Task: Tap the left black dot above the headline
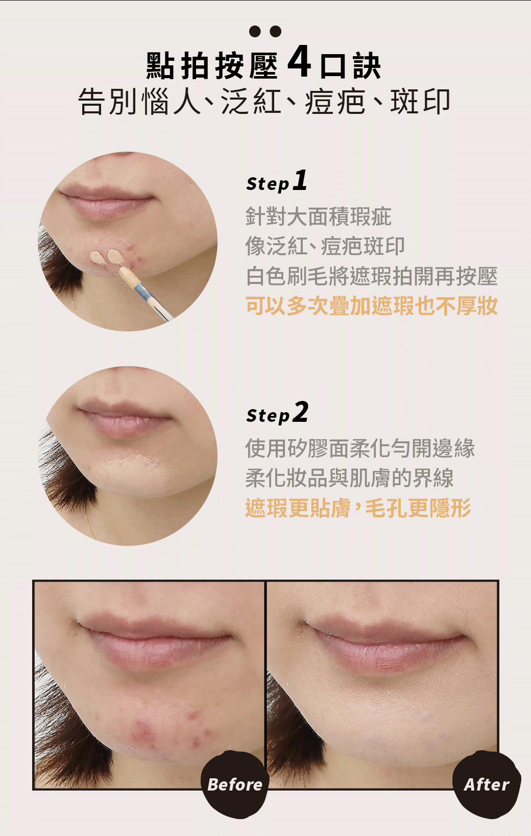(255, 31)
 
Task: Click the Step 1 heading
(277, 181)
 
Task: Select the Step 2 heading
(277, 413)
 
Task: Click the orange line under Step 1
(372, 306)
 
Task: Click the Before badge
(235, 784)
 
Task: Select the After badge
(487, 784)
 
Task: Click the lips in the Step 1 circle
(106, 202)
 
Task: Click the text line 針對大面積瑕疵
(318, 217)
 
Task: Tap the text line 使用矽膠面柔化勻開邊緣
(360, 448)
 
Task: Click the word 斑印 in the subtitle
(420, 102)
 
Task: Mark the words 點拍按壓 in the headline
(212, 66)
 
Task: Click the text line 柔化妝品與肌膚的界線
(349, 477)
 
